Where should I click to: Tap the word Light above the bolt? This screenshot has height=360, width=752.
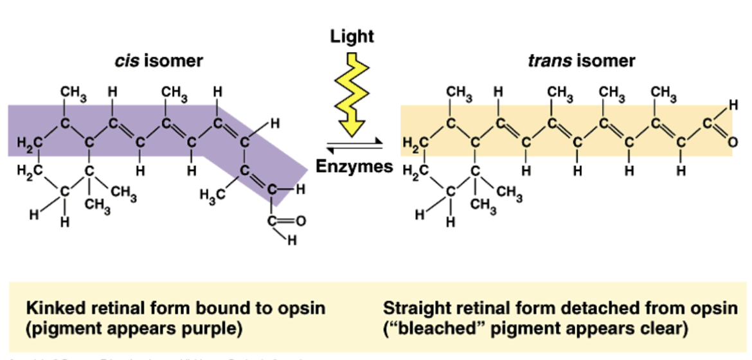click(x=352, y=37)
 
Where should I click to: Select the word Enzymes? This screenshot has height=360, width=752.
click(x=354, y=166)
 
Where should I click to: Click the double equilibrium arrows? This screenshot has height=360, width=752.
click(x=354, y=143)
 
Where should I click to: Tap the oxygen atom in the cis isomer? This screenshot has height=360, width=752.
click(x=300, y=222)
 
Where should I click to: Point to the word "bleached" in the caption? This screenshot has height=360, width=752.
click(x=428, y=330)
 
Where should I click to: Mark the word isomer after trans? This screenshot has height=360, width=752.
click(x=605, y=61)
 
